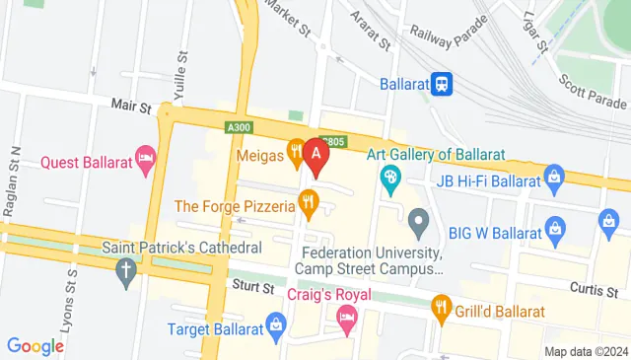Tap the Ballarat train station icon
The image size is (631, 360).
click(x=443, y=84)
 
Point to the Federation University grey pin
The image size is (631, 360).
click(x=418, y=223)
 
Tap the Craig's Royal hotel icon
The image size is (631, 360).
click(x=345, y=317)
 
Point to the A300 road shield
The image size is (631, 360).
click(x=238, y=127)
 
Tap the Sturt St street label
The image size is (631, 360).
click(x=253, y=287)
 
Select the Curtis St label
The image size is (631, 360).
click(x=592, y=287)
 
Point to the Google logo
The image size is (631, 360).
click(x=35, y=345)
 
